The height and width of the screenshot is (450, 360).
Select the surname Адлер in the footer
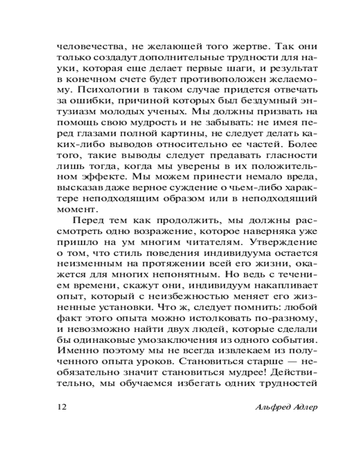301,407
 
